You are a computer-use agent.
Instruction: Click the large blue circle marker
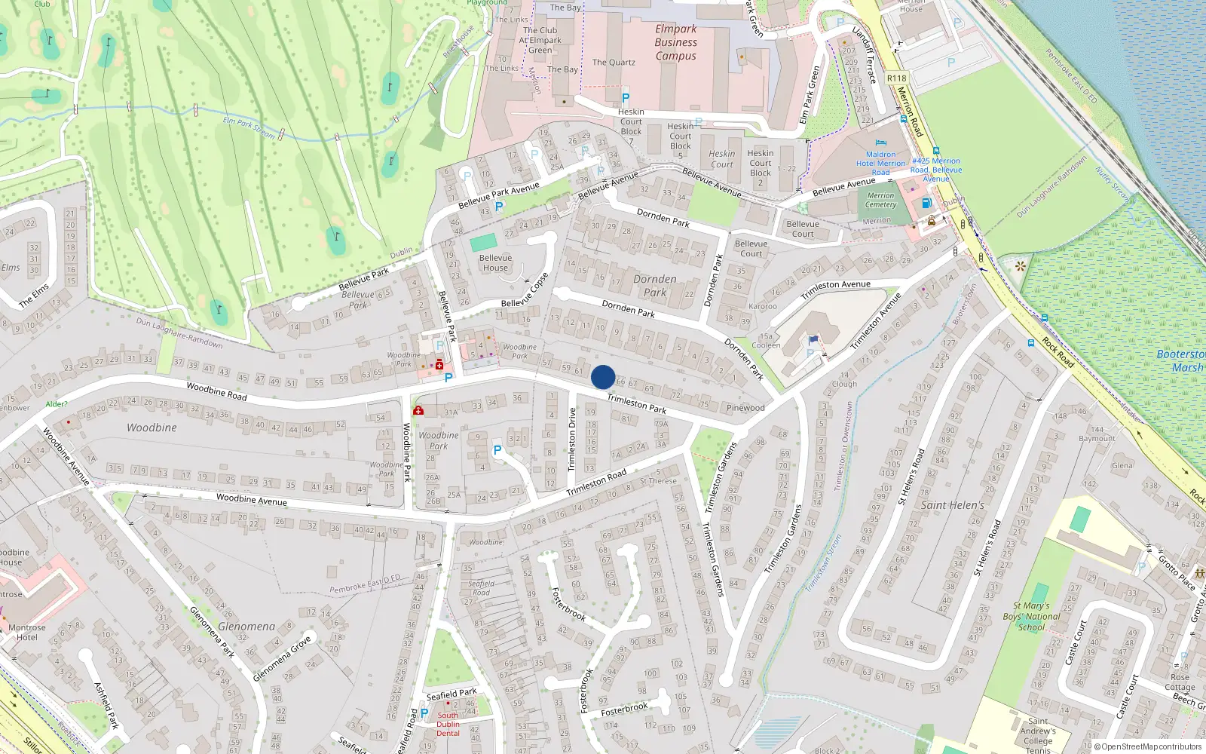(603, 377)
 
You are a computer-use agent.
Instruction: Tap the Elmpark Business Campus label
(675, 42)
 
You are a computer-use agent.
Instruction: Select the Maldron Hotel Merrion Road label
(880, 163)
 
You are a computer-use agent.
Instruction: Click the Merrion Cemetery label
(880, 200)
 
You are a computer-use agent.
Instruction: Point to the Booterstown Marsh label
(1182, 360)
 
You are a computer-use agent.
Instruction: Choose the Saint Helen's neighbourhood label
(953, 505)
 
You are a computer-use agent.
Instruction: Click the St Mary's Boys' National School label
(1032, 616)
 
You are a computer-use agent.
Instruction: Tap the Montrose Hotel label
(27, 632)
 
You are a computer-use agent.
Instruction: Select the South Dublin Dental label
(448, 724)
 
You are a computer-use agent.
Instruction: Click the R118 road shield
(896, 78)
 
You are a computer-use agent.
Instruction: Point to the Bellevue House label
(495, 262)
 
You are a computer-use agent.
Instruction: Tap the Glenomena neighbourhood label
(246, 627)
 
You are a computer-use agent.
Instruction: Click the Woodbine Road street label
(216, 391)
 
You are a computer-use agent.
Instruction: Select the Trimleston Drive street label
(572, 440)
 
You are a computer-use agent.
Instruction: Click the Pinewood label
(745, 408)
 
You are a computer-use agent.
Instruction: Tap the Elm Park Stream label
(249, 127)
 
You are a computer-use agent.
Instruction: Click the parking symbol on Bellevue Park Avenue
(499, 207)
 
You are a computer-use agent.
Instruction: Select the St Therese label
(658, 480)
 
